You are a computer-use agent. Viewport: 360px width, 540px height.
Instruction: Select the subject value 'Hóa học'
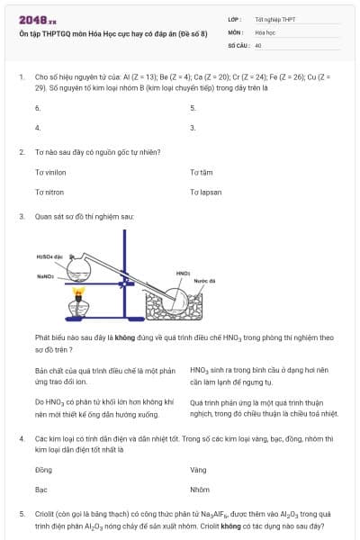[x=265, y=31]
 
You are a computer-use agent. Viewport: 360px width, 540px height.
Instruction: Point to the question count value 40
[x=258, y=44]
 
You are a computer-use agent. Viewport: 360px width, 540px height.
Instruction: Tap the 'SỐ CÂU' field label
[x=238, y=44]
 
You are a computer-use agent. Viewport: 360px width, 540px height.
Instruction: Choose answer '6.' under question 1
[x=38, y=107]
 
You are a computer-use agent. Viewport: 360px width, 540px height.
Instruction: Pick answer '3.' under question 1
[x=193, y=128]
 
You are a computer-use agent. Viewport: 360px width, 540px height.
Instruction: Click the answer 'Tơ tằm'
[x=201, y=171]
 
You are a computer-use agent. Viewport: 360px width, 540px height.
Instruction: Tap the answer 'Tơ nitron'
[x=49, y=192]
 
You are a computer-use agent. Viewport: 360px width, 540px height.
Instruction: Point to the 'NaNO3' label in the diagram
[x=46, y=276]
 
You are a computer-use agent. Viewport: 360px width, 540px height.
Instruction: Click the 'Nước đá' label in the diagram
[x=205, y=280]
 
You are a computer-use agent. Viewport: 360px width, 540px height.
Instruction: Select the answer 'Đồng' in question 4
[x=43, y=469]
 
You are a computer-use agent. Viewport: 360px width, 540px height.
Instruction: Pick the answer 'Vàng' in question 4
[x=198, y=469]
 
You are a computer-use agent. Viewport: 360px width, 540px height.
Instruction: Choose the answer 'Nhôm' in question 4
[x=199, y=490]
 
